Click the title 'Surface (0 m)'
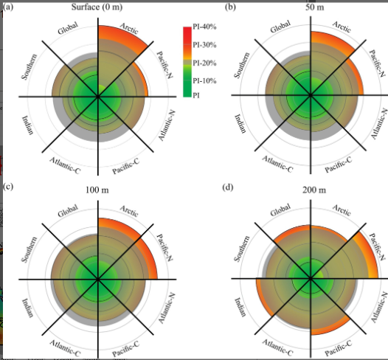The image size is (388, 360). pos(97,7)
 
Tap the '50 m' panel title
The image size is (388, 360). pos(314,7)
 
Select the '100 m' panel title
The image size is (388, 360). pos(97,190)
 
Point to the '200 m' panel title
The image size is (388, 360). pos(314,190)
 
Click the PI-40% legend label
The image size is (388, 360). pos(204,27)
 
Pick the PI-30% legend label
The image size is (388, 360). pos(204,45)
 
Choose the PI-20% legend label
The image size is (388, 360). pos(204,63)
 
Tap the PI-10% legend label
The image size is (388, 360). pos(204,81)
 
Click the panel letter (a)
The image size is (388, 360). pos(7,7)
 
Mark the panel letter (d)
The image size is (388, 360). pos(228,187)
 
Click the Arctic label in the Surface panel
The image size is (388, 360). pos(129,29)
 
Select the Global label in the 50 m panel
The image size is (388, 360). pos(280,27)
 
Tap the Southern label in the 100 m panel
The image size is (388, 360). pos(29,249)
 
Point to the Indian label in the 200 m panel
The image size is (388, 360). pos(240,307)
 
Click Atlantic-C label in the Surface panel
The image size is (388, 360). pos(65,165)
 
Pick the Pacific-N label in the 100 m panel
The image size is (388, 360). pos(164,247)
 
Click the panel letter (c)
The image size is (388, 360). pos(7,187)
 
